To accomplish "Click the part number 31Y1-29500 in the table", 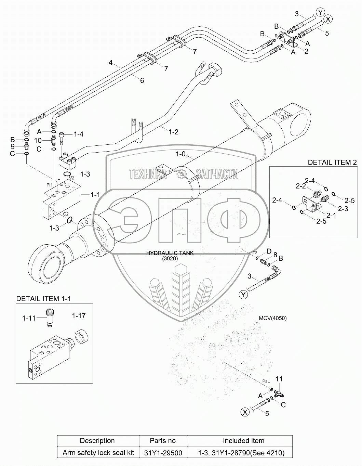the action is [163, 453].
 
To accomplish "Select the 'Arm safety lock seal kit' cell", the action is [98, 453].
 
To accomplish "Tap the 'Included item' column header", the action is [243, 441].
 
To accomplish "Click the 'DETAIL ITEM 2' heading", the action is [332, 162].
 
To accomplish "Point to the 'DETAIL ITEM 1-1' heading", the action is [43, 298].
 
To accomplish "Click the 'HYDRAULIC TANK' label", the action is [170, 253].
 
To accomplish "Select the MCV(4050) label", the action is [273, 318].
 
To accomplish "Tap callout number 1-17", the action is [79, 316].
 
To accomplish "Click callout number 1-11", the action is [29, 318].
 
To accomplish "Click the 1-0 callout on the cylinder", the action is [180, 154].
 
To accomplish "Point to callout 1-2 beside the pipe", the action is [173, 132].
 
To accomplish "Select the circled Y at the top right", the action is [320, 12].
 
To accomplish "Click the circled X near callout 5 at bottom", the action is [245, 412].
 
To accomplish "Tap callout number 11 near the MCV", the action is [279, 379].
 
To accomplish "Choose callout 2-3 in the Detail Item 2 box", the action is [343, 208].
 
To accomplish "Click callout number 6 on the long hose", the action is [142, 80].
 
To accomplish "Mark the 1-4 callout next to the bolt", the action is [78, 134].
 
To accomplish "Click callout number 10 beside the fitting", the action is [38, 141].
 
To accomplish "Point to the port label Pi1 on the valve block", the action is [50, 185].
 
